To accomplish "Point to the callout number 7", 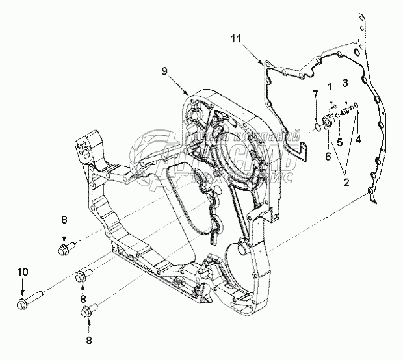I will click(x=315, y=96).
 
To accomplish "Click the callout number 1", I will click(x=330, y=86).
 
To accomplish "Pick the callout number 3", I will click(x=345, y=83).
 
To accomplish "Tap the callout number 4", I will click(x=357, y=138).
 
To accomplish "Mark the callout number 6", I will click(x=328, y=156).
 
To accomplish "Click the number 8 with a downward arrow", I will click(x=64, y=221).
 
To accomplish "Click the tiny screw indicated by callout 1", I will click(x=331, y=107).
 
